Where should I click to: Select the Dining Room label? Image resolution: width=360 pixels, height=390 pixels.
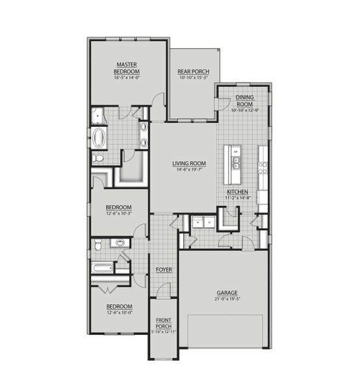pos(244,100)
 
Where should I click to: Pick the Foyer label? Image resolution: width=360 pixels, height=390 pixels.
pos(163,268)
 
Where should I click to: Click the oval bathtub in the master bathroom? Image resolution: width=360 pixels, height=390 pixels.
pos(99,138)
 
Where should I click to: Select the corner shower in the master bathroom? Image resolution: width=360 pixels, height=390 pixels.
pos(98,116)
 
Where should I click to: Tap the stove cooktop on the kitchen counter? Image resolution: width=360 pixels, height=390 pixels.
pos(264,168)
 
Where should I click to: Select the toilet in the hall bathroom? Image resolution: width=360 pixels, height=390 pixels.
pos(97,245)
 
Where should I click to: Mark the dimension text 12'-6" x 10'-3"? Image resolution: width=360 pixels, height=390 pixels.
pos(120,213)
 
